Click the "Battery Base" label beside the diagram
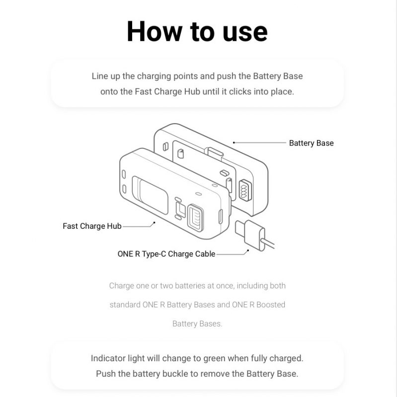pyautogui.click(x=311, y=143)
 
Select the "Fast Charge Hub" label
pyautogui.click(x=92, y=226)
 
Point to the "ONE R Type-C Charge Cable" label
pyautogui.click(x=166, y=254)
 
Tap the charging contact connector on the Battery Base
pyautogui.click(x=244, y=190)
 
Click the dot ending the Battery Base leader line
pyautogui.click(x=234, y=142)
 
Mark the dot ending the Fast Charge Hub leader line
pyautogui.click(x=154, y=223)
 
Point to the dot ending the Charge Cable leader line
pyautogui.click(x=247, y=251)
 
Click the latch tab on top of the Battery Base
pyautogui.click(x=215, y=151)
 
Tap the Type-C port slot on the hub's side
pyautogui.click(x=221, y=216)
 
